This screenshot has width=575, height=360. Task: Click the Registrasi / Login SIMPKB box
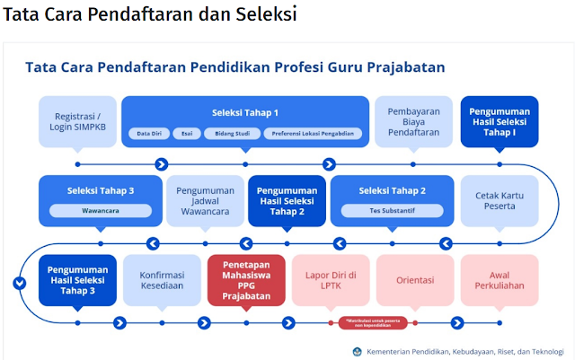[x=78, y=122]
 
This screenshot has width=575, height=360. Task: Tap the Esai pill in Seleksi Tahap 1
[x=186, y=134]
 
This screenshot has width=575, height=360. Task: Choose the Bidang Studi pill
[x=232, y=134]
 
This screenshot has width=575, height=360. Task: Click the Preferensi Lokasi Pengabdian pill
[x=314, y=134]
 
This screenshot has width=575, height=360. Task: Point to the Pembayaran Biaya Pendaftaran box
[x=412, y=122]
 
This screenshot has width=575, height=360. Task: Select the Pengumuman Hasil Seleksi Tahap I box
[x=500, y=122]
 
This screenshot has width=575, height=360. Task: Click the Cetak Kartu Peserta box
[x=500, y=200]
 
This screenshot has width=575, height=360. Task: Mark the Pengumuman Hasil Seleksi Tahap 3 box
[x=78, y=279]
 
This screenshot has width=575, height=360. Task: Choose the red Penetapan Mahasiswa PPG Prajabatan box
[x=245, y=279]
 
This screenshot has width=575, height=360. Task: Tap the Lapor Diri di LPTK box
[x=330, y=279]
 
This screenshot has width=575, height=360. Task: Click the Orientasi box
[x=414, y=279]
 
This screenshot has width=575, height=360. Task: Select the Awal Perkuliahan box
[x=500, y=279]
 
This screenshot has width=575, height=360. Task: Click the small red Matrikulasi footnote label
[x=374, y=320]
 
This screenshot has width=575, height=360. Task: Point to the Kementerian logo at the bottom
[x=358, y=351]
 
